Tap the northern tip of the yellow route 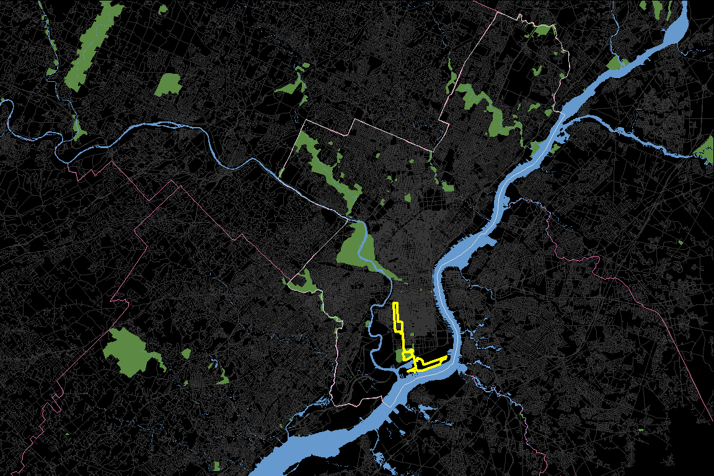pos(395,303)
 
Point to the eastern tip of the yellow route pos(447,358)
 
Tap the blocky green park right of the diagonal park pos(169,84)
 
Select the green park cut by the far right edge pos(706,151)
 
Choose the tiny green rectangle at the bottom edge pos(217,465)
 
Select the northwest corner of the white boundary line pos(304,121)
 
